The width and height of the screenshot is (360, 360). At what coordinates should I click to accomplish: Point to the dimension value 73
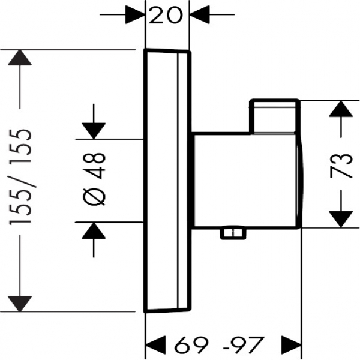pyautogui.click(x=341, y=164)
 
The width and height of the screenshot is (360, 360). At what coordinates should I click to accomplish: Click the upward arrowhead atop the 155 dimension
pyautogui.click(x=21, y=58)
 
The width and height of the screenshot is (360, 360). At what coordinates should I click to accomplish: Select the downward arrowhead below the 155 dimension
pyautogui.click(x=21, y=302)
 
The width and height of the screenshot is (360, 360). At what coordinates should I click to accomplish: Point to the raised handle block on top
pyautogui.click(x=274, y=116)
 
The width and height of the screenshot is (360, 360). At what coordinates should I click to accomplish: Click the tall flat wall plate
pyautogui.click(x=167, y=180)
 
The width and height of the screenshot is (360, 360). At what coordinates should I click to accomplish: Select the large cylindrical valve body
pyautogui.click(x=246, y=180)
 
